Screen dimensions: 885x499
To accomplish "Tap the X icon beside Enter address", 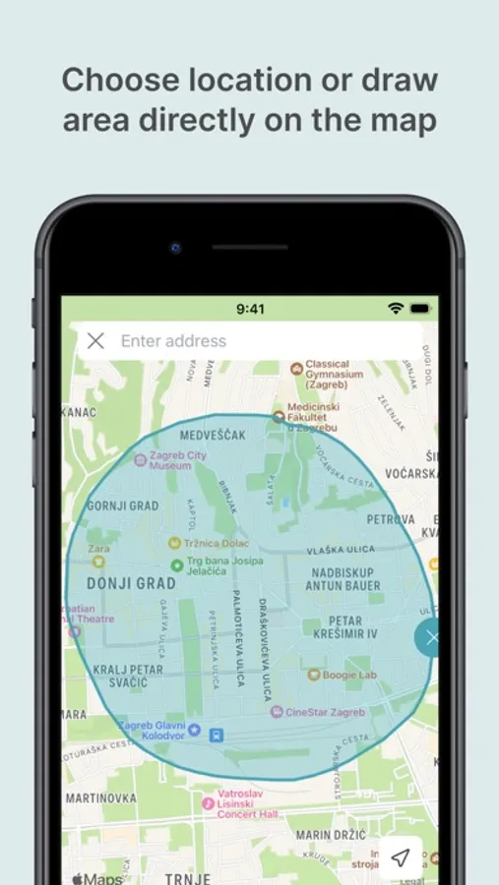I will [95, 341].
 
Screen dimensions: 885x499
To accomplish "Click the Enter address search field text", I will [173, 341].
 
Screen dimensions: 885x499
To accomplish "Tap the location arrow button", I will [400, 857].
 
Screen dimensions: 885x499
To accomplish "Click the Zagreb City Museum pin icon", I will [140, 458].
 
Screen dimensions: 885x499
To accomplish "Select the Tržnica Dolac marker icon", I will [174, 542].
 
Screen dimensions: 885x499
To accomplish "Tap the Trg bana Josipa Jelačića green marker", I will [177, 565].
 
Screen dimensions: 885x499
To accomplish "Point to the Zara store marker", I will [98, 561].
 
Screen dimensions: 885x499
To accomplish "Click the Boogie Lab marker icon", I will [314, 676].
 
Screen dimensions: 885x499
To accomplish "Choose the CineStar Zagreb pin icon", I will [277, 711].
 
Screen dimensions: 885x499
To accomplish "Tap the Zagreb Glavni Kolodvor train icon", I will [195, 732].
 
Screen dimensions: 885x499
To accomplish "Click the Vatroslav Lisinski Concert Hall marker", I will [208, 803].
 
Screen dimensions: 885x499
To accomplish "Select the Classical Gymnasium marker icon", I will [296, 369].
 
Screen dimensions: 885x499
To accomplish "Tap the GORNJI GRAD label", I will [122, 506].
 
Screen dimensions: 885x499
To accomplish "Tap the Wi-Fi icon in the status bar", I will [395, 309].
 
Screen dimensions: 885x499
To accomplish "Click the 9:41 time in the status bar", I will [250, 309].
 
